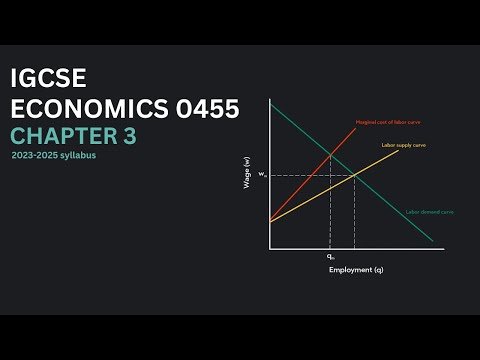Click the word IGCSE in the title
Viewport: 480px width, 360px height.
(x=48, y=79)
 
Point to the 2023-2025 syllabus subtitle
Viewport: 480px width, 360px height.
(x=56, y=158)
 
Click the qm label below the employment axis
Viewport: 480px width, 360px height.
(x=330, y=257)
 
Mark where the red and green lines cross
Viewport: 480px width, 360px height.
(x=330, y=153)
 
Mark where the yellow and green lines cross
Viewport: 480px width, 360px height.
(x=356, y=176)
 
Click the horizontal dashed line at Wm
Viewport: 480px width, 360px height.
(x=300, y=176)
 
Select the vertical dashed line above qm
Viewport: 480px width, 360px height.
(x=330, y=210)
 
